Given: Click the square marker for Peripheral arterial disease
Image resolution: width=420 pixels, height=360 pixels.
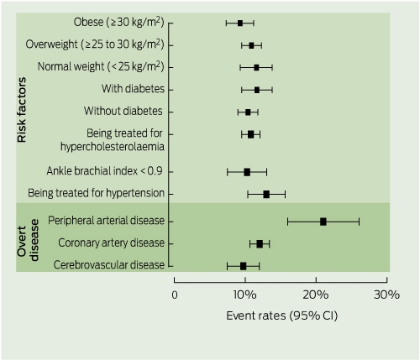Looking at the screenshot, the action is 323,222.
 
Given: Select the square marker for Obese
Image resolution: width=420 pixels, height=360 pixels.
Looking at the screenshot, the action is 240,23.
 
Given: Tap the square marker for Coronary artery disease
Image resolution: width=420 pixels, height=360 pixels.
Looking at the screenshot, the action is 260,244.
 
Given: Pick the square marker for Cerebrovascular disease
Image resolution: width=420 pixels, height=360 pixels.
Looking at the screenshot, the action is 243,266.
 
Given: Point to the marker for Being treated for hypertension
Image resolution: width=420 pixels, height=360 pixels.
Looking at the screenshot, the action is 266,195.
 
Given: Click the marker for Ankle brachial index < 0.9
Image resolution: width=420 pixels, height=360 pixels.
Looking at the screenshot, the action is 247,172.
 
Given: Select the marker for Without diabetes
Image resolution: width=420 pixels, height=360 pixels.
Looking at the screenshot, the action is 248,112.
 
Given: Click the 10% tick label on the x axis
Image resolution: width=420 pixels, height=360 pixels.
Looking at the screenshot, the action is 245,295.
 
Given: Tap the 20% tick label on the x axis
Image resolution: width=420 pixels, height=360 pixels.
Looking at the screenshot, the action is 316,295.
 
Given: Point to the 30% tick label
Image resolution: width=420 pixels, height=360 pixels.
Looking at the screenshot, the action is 386,295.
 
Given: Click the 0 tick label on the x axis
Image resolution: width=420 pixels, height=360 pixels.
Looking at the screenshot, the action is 175,295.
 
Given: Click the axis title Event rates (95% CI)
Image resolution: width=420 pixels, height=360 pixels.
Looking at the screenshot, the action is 282,316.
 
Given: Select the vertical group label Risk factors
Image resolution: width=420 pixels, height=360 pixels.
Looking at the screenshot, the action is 22,110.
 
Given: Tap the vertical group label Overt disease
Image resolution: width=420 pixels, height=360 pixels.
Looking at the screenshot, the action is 28,240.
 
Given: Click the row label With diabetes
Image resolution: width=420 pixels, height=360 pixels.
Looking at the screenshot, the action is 133,89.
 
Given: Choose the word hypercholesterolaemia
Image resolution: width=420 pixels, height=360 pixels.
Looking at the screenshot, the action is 113,147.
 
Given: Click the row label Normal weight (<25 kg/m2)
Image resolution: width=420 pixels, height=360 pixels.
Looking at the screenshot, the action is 101,66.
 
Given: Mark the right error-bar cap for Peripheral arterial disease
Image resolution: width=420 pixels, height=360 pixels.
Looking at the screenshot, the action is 359,222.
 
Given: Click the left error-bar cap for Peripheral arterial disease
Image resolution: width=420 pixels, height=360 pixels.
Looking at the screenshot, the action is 288,222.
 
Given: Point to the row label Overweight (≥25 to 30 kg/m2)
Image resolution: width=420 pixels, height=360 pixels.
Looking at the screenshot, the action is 95,44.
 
